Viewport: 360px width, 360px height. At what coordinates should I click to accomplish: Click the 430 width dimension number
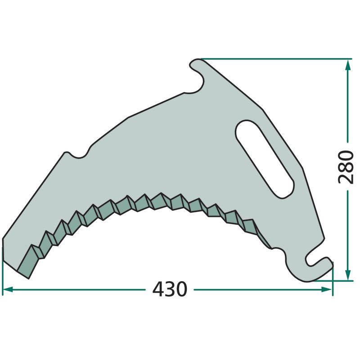(170, 289)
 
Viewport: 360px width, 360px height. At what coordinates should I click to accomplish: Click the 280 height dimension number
(346, 166)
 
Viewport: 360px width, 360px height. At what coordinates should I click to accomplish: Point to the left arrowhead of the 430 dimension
(7, 289)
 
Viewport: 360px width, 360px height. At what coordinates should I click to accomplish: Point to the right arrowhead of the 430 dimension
(327, 289)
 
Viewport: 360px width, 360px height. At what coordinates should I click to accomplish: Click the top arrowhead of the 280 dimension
(348, 65)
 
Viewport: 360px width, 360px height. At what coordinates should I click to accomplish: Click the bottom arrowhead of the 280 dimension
(348, 275)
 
